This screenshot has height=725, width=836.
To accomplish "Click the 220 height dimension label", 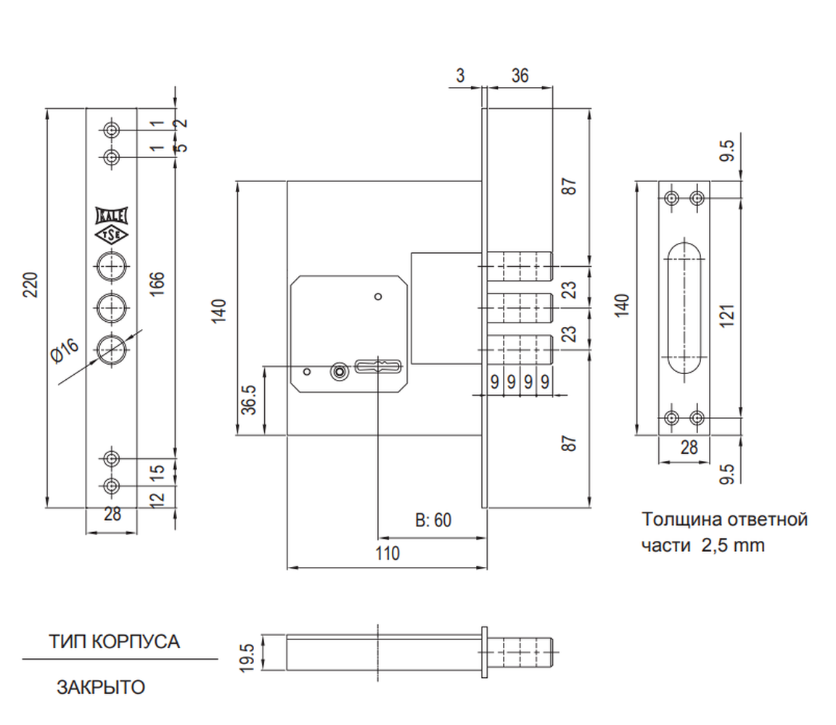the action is pos(31,285).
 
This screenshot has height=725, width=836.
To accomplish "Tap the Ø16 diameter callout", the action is pos(65,350).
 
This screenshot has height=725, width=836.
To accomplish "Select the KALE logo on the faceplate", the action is pos(112,216).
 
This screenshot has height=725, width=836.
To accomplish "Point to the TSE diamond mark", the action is pos(112,235).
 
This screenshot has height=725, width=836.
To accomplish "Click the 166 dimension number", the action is pos(157,284).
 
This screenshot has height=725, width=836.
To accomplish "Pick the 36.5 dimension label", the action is pos(249,399).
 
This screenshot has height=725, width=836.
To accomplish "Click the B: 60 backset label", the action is pos(433,520).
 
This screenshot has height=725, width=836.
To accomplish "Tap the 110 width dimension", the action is pos(387,553).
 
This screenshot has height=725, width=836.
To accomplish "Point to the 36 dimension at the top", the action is pos(520,75).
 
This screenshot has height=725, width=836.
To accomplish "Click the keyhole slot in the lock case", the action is pos(378,367).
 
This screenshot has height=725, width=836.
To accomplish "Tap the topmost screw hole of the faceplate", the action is pos(112,130).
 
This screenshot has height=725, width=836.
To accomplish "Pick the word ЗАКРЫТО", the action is pos(101,687).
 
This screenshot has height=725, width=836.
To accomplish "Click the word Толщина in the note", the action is pos(676,519).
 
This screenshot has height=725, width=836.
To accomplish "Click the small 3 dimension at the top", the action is pos(460,75).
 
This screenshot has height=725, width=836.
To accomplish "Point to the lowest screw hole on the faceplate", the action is pos(112,486).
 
